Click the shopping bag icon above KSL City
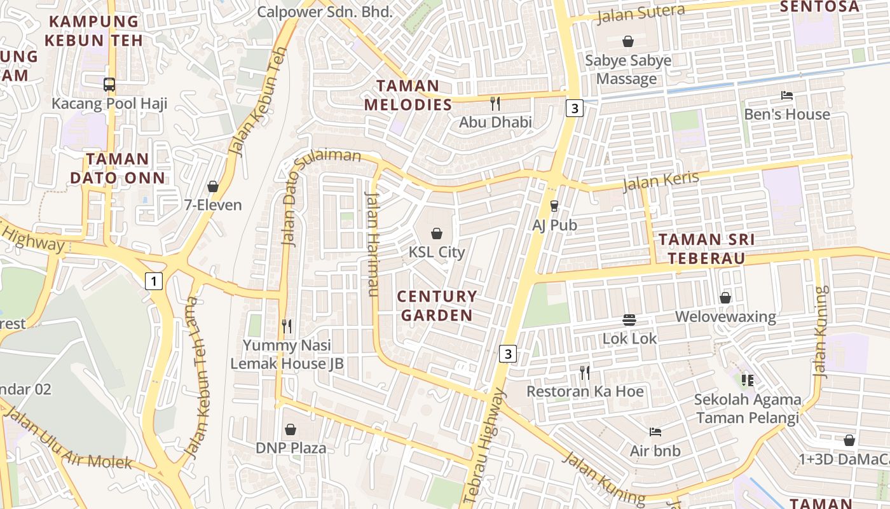(437, 234)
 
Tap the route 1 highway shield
(153, 281)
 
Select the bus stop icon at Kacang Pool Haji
(109, 84)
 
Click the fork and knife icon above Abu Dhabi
(495, 103)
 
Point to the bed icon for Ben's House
(787, 96)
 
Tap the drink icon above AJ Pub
(554, 206)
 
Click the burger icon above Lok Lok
(629, 320)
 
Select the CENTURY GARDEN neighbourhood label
(437, 306)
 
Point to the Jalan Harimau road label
(372, 243)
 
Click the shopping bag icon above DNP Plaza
(291, 429)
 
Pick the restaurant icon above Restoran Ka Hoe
(585, 373)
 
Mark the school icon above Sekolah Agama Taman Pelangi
(747, 380)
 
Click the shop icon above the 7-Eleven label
(213, 186)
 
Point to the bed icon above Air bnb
(655, 432)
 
